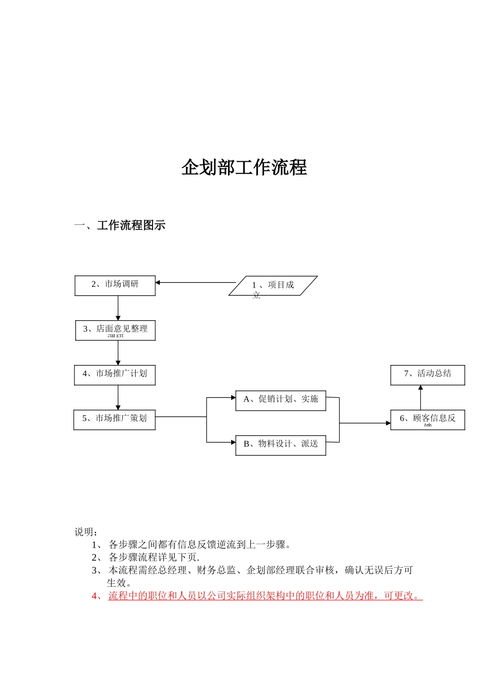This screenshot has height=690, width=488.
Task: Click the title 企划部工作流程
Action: click(244, 168)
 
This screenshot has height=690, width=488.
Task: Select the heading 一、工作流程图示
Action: click(120, 225)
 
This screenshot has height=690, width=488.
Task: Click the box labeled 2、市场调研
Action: click(115, 285)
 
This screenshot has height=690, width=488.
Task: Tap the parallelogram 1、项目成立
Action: click(273, 286)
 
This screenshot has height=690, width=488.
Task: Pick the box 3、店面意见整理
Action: click(115, 330)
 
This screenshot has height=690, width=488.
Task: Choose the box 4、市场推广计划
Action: click(115, 375)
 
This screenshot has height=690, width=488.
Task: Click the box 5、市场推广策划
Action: click(114, 419)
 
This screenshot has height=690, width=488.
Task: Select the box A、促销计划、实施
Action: click(280, 400)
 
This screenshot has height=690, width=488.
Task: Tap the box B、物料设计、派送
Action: click(280, 445)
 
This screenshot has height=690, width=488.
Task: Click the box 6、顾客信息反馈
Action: click(427, 419)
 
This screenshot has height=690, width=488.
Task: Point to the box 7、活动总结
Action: click(427, 375)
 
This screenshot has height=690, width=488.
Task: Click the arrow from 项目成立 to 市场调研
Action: click(195, 282)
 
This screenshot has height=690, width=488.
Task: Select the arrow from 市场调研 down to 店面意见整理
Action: click(118, 308)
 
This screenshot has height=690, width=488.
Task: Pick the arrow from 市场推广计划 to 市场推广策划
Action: click(118, 397)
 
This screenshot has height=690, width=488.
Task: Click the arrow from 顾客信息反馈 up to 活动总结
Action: click(421, 397)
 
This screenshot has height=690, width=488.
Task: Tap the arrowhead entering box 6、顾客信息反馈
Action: click(388, 423)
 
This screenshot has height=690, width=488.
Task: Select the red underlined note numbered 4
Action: click(265, 596)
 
